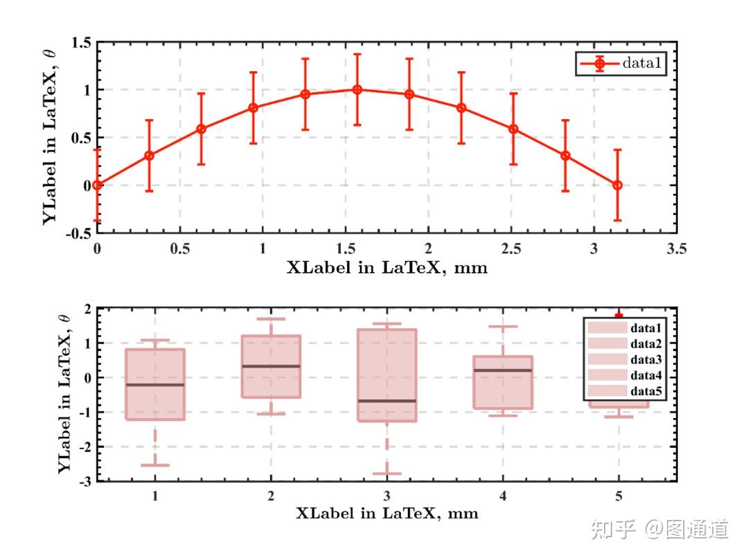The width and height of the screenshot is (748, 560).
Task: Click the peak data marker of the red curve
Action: click(x=357, y=89)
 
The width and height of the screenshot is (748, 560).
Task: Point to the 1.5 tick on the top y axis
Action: click(x=81, y=43)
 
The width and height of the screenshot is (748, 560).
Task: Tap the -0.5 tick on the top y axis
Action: click(x=78, y=233)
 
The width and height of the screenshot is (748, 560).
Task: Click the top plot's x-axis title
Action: click(x=387, y=268)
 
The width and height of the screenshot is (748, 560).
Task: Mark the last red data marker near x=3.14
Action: click(x=617, y=185)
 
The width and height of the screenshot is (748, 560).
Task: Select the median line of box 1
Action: click(x=155, y=384)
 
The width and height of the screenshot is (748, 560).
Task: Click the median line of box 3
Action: click(x=386, y=401)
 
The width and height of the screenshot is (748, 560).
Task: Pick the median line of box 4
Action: click(x=502, y=370)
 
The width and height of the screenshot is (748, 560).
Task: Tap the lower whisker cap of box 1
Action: click(x=155, y=465)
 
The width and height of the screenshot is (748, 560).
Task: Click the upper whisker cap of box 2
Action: click(x=271, y=319)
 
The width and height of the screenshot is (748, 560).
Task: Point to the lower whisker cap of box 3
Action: click(x=386, y=474)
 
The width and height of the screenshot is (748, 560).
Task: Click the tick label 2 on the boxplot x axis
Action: click(x=271, y=496)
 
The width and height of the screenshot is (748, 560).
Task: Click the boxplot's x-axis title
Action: click(x=387, y=514)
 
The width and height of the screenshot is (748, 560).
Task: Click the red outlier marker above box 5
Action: click(x=618, y=315)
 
